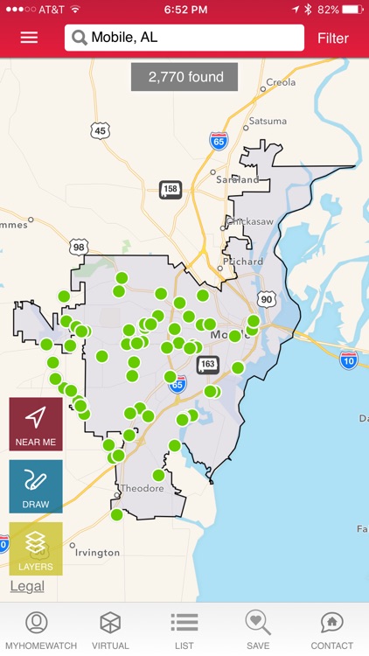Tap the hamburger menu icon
pyautogui.click(x=29, y=38)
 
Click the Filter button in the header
pyautogui.click(x=332, y=38)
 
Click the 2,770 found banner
pyautogui.click(x=185, y=77)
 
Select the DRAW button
pyautogui.click(x=36, y=486)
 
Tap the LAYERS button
pyautogui.click(x=36, y=548)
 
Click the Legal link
pyautogui.click(x=26, y=586)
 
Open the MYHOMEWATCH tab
pyautogui.click(x=37, y=631)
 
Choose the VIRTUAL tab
pyautogui.click(x=110, y=631)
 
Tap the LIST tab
pyautogui.click(x=184, y=631)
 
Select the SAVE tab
pyautogui.click(x=258, y=631)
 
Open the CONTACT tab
pyautogui.click(x=331, y=631)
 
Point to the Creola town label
pyautogui.click(x=281, y=82)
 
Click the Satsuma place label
pyautogui.click(x=267, y=121)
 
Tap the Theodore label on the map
pyautogui.click(x=142, y=488)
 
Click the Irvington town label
pyautogui.click(x=97, y=553)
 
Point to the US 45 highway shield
pyautogui.click(x=101, y=131)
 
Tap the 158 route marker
pyautogui.click(x=171, y=189)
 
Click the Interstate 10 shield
pyautogui.click(x=349, y=360)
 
